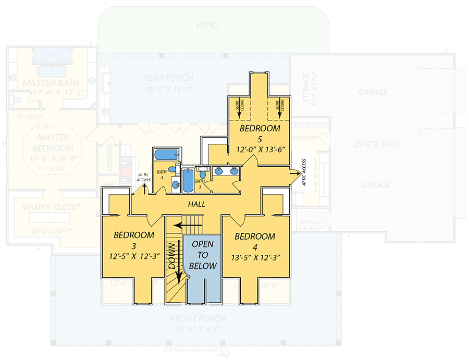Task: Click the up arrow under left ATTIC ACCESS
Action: click(143, 189)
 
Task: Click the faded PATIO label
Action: click(207, 26)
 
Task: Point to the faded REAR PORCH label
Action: click(168, 78)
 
